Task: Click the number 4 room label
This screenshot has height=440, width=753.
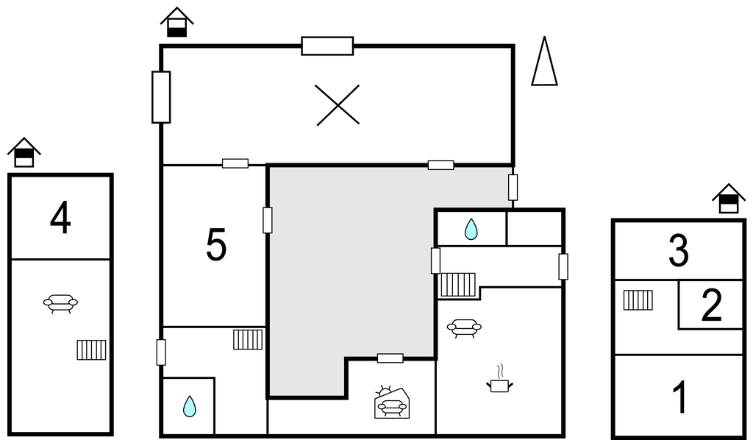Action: pos(60,219)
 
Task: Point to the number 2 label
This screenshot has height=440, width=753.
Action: pos(712,305)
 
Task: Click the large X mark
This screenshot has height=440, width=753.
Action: pos(338,104)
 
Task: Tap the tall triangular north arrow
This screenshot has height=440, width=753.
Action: pos(544,61)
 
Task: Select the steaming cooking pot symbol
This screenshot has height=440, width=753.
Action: pos(499,378)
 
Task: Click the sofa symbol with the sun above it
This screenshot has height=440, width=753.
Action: pos(393,402)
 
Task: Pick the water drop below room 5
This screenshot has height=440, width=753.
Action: pos(190,406)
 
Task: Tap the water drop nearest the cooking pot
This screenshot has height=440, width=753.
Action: pos(471,229)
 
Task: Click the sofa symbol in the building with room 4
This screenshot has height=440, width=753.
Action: pos(60,304)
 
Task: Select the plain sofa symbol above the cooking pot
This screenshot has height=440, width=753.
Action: pos(464,329)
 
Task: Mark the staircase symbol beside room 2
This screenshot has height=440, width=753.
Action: pos(638,300)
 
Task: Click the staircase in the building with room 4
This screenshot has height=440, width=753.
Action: pos(91,349)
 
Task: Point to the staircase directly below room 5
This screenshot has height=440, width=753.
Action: pos(248,340)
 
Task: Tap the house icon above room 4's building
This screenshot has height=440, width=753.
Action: pos(24,153)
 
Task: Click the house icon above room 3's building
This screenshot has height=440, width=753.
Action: pos(729,199)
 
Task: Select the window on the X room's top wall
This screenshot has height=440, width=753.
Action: pos(327,46)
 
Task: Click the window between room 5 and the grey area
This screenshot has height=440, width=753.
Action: pos(268,221)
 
